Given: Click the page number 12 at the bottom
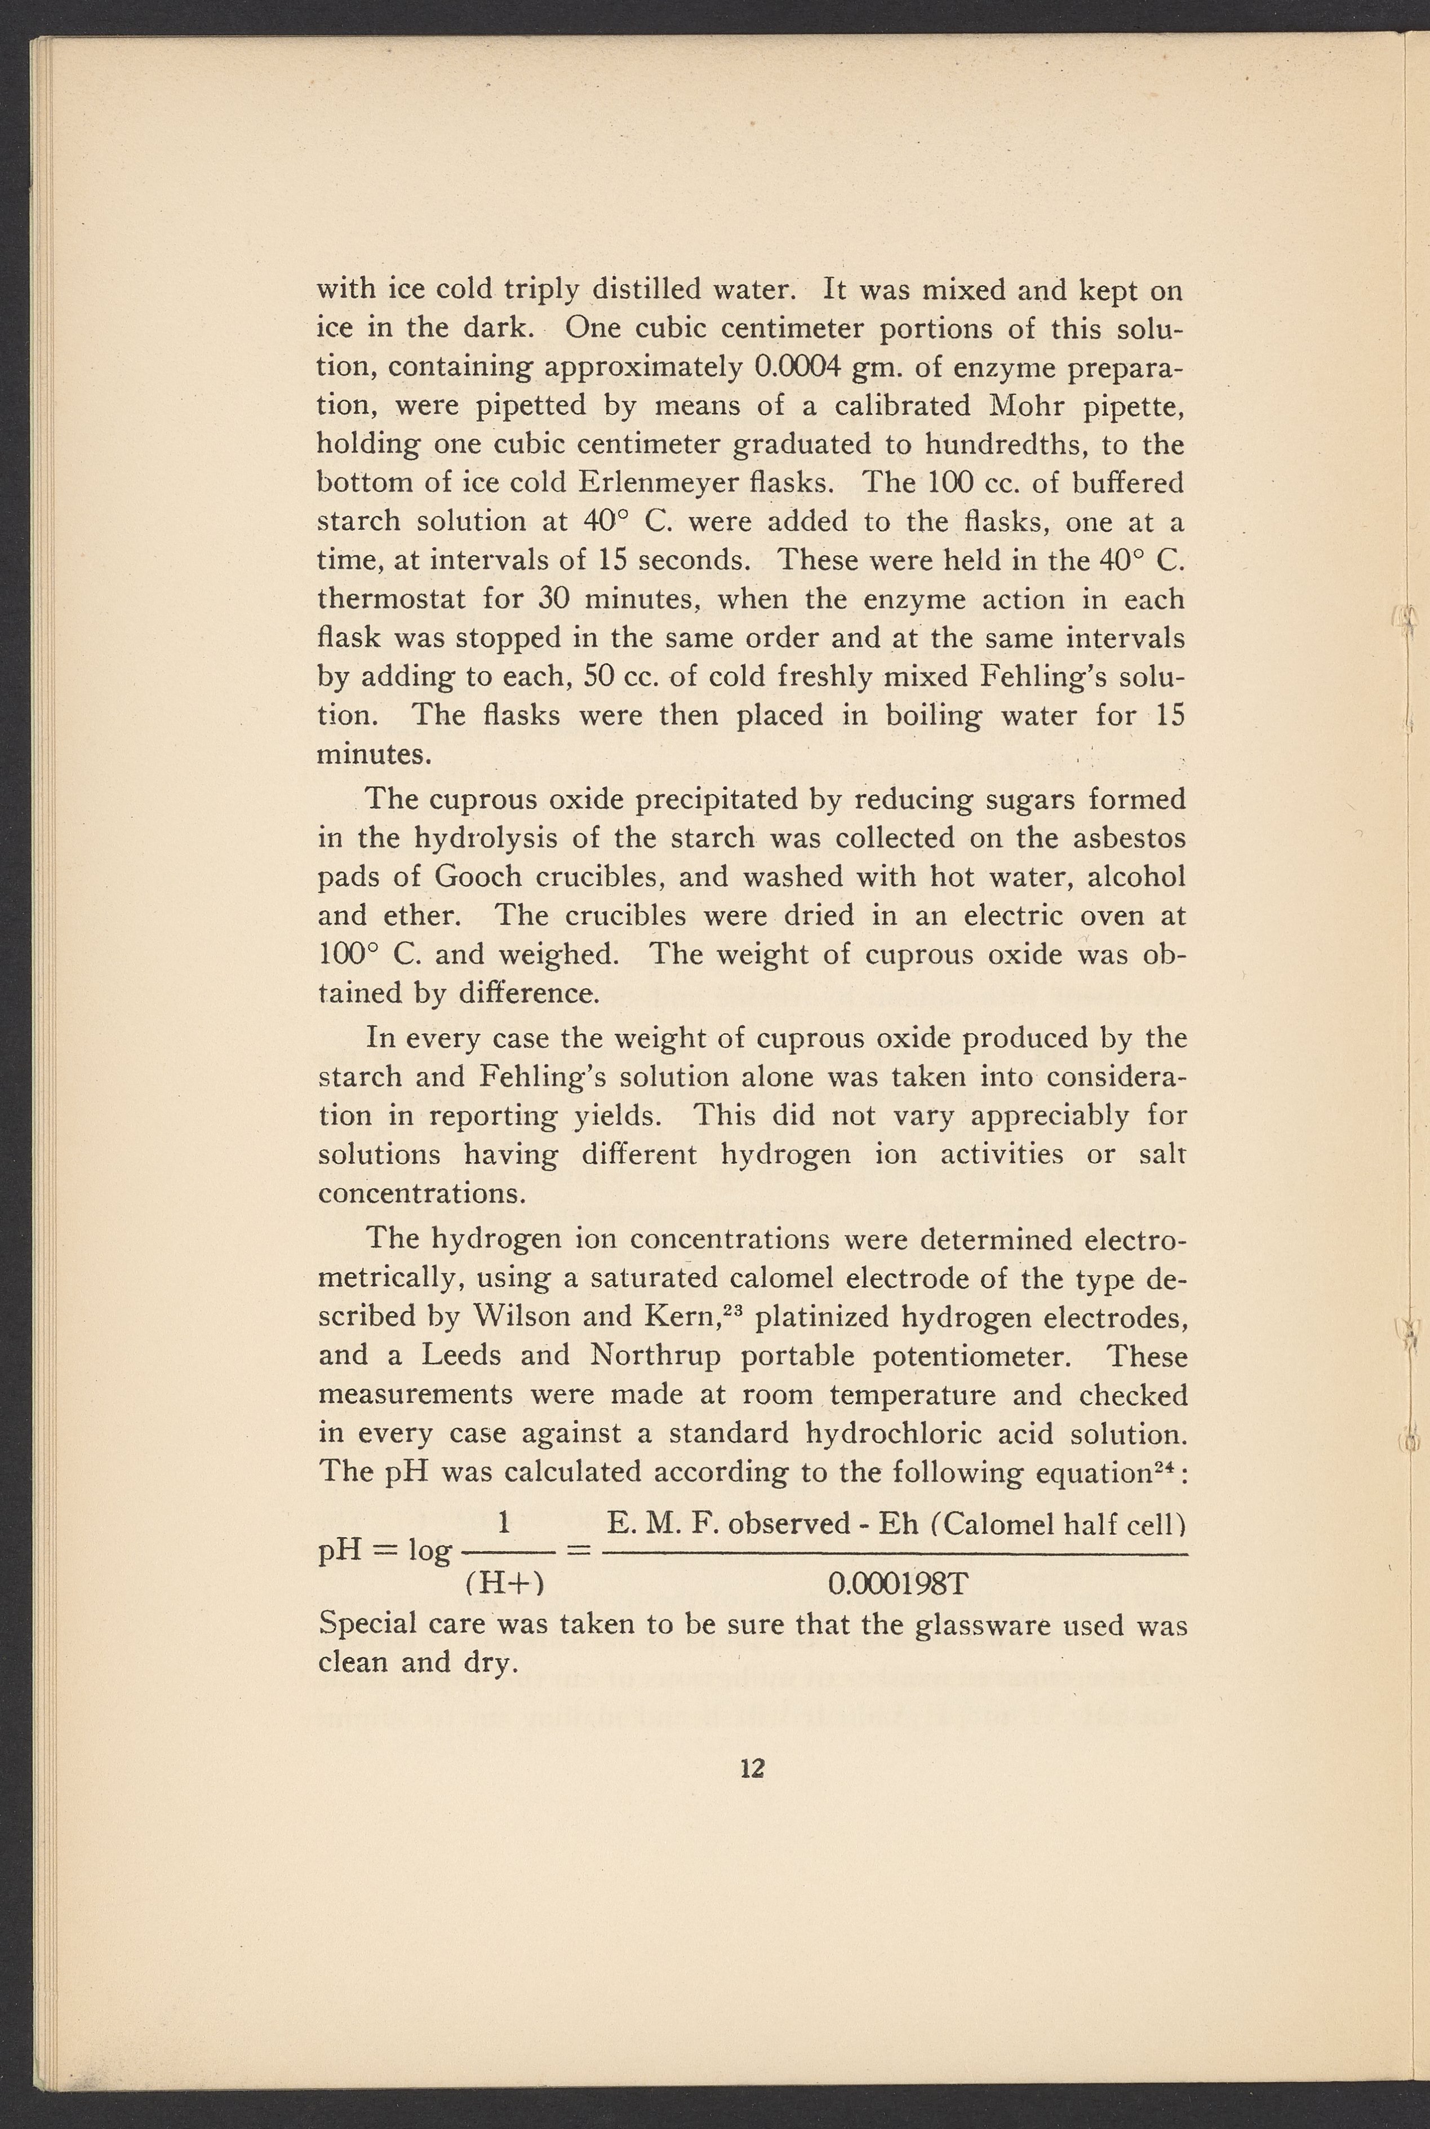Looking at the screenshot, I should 752,1769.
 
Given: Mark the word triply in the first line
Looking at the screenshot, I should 541,290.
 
